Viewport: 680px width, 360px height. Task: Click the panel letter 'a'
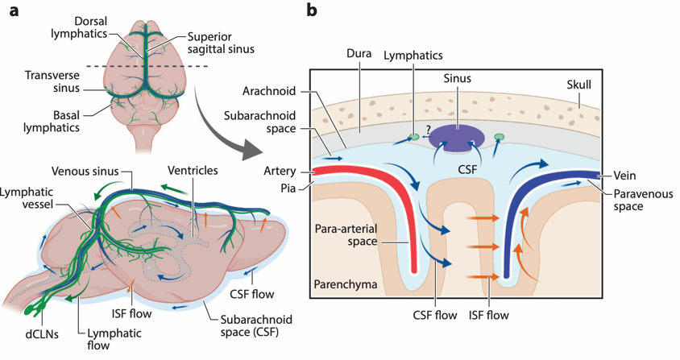pos(14,12)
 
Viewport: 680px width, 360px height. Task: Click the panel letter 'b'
pos(311,11)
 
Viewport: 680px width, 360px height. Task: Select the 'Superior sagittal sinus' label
pos(219,43)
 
